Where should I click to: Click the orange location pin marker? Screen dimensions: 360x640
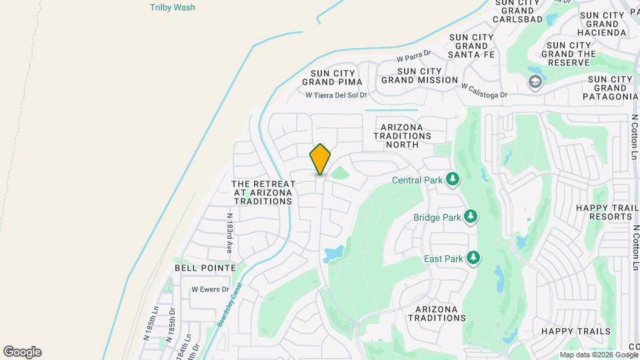(x=320, y=159)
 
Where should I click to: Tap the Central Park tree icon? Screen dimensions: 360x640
(x=453, y=179)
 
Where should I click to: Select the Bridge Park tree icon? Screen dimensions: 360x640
(x=471, y=217)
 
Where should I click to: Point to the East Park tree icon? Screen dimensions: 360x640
(x=473, y=257)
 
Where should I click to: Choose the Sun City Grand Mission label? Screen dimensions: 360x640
(x=419, y=75)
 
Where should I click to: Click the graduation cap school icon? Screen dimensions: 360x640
(x=534, y=82)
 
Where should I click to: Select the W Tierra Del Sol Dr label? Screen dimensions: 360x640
(x=337, y=95)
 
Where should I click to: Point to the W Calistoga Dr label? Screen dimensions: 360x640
(x=484, y=90)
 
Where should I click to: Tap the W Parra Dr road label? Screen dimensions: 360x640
(x=414, y=55)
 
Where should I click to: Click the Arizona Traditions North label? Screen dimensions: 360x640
(x=402, y=135)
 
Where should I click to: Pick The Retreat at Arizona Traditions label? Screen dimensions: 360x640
(x=263, y=192)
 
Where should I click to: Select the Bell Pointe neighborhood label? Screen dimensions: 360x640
(x=205, y=267)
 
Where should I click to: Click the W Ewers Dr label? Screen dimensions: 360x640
(x=210, y=289)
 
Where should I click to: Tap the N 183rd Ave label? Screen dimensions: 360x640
(x=229, y=233)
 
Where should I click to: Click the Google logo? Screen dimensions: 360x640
(x=22, y=352)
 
